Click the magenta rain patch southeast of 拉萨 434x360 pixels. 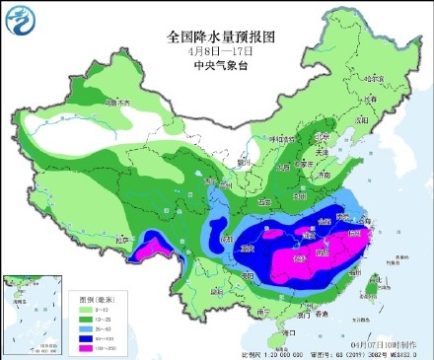(157, 247)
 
